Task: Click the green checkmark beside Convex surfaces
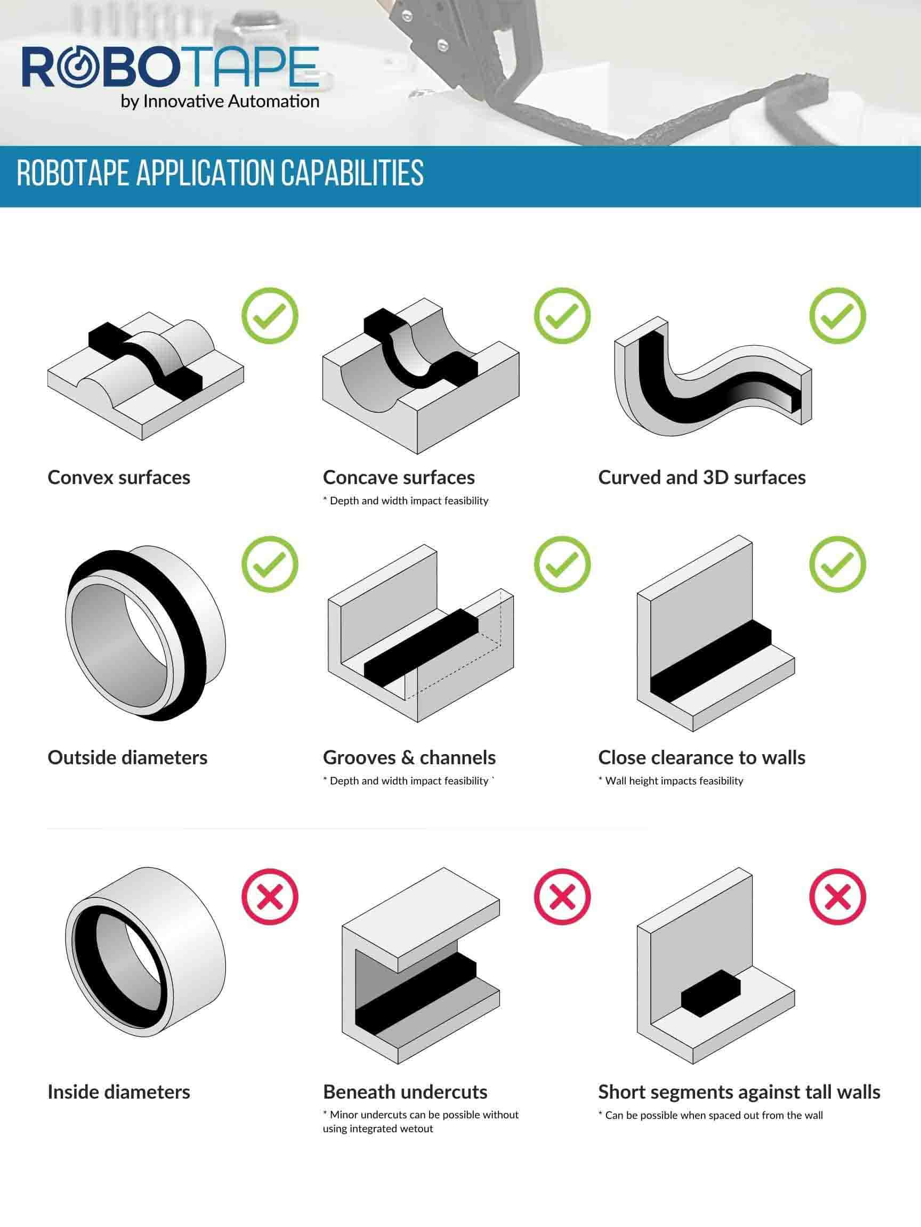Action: pyautogui.click(x=270, y=316)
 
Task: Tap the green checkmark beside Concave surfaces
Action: pyautogui.click(x=562, y=316)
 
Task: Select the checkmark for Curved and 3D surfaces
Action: pyautogui.click(x=838, y=316)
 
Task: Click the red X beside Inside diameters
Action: pyautogui.click(x=270, y=897)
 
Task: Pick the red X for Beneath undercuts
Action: pyautogui.click(x=562, y=897)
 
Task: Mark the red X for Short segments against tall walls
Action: pyautogui.click(x=838, y=897)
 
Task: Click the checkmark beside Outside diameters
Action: pyautogui.click(x=270, y=564)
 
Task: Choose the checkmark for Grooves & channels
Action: pyautogui.click(x=562, y=564)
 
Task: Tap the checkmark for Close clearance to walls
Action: pyautogui.click(x=838, y=564)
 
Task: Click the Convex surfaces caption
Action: pyautogui.click(x=119, y=478)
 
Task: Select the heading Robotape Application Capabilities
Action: pyautogui.click(x=221, y=173)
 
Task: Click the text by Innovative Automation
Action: pyautogui.click(x=220, y=102)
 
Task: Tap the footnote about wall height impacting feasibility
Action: pyautogui.click(x=670, y=781)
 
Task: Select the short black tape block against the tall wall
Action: pyautogui.click(x=711, y=993)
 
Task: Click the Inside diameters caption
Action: pyautogui.click(x=119, y=1092)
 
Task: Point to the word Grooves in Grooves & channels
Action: pyautogui.click(x=362, y=758)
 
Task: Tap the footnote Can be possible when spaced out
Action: pyautogui.click(x=710, y=1115)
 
